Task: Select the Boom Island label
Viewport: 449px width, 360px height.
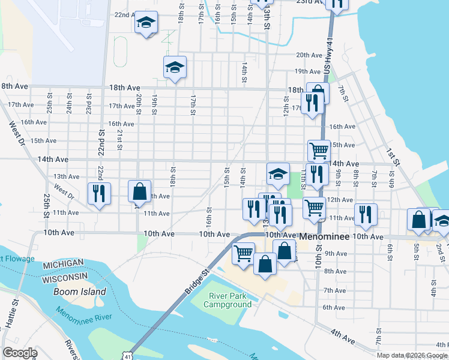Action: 80,292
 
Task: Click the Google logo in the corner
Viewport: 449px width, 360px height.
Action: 19,353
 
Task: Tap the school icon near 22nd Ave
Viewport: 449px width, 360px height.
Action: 146,23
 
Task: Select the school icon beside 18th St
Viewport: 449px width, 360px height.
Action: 175,68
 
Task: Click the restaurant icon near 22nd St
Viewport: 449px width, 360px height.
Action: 98,193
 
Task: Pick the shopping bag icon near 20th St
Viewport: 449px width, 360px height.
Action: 139,191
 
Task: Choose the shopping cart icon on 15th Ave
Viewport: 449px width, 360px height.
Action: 319,150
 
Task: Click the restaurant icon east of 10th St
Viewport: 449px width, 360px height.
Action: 365,214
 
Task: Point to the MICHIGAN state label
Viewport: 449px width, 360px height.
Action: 63,265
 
